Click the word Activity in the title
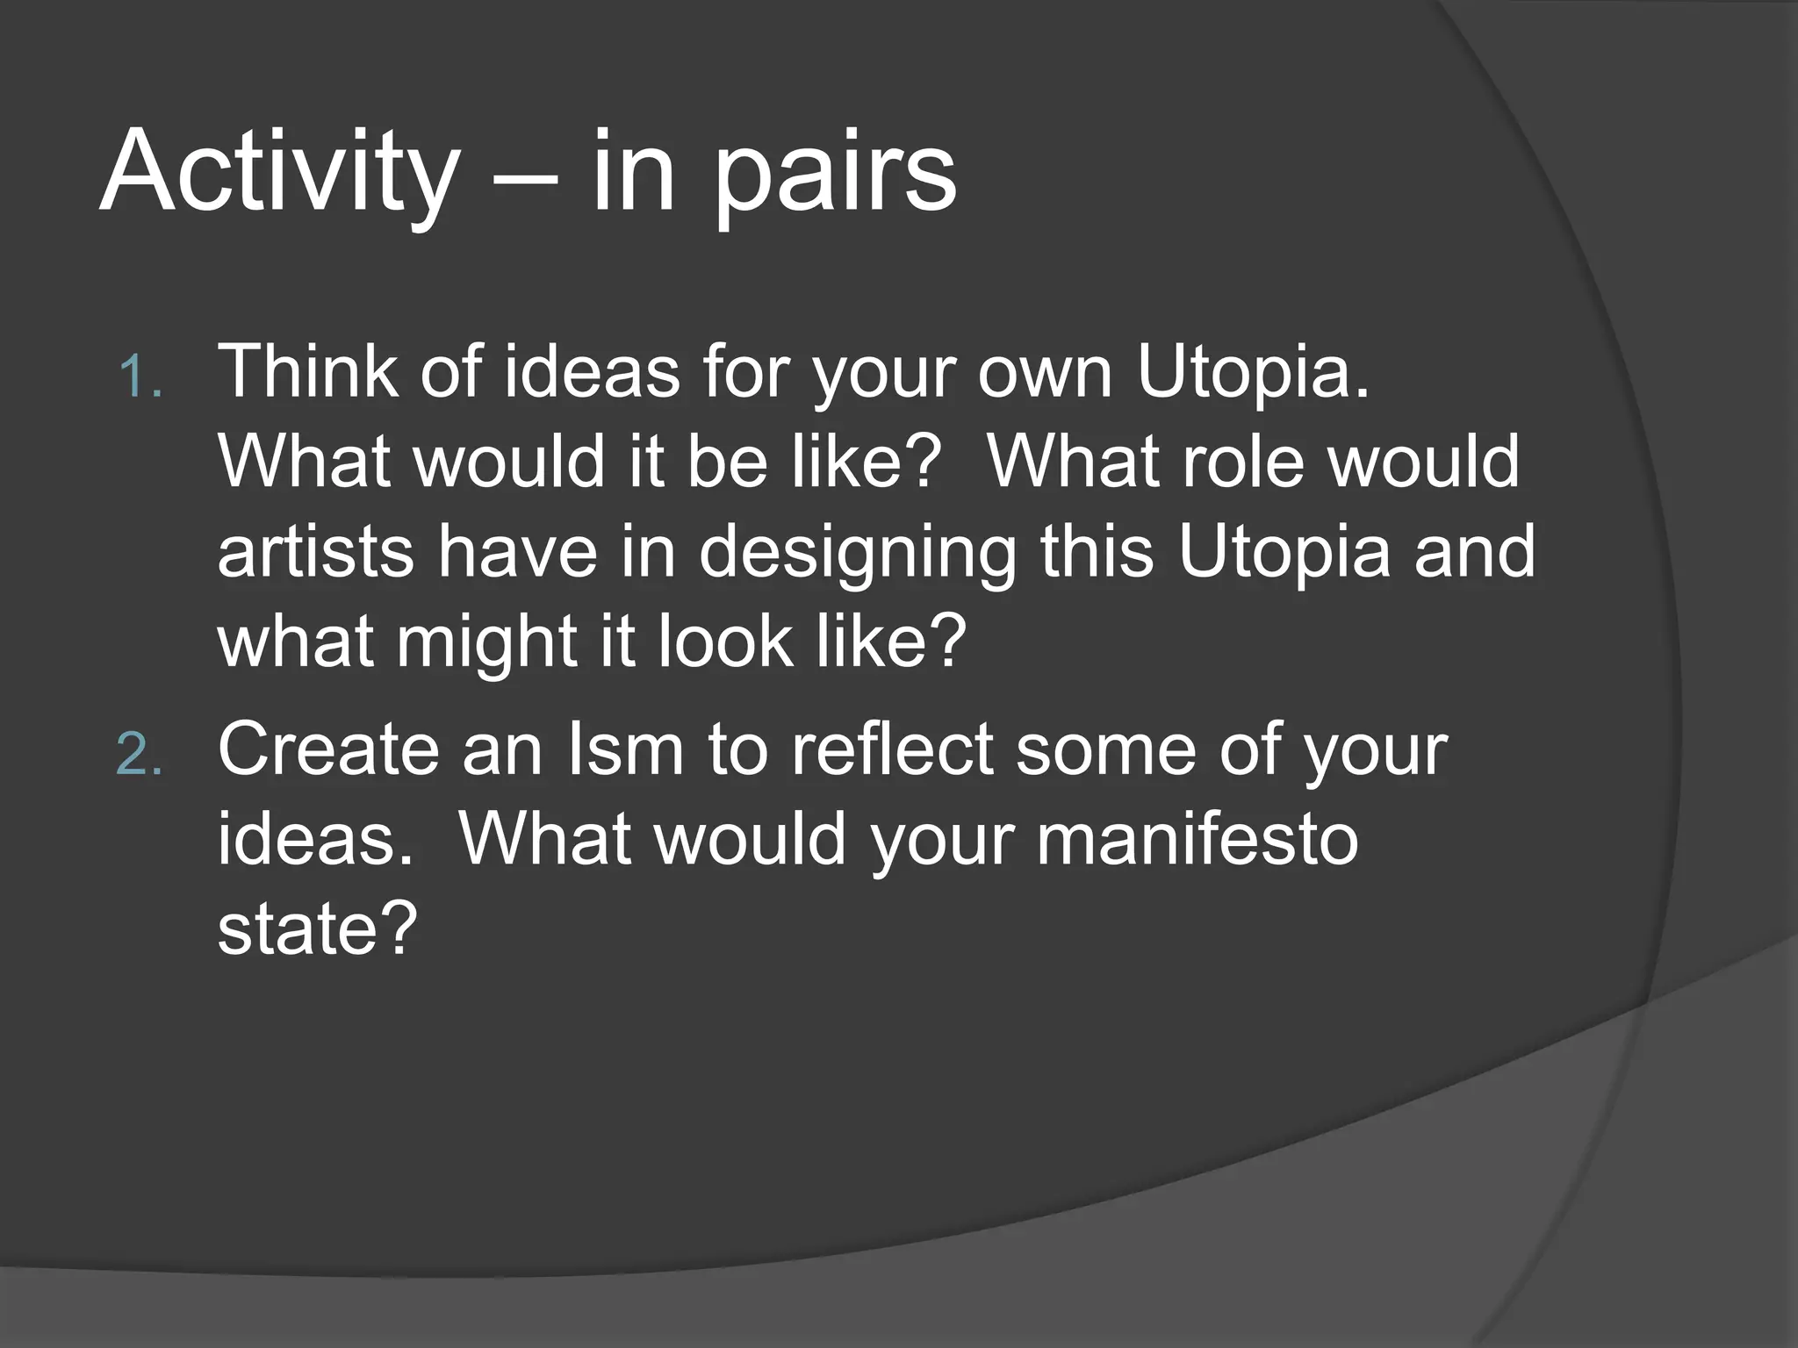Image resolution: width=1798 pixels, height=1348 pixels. point(279,171)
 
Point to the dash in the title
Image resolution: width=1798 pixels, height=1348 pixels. point(525,176)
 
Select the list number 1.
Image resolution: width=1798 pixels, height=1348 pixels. point(140,378)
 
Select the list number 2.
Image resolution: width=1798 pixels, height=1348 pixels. point(140,756)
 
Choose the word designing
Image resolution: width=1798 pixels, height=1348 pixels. point(858,553)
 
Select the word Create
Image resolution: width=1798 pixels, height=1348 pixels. point(327,749)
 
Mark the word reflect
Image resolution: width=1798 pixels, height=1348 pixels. point(892,749)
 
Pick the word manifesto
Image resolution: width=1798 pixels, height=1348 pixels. point(1197,839)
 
